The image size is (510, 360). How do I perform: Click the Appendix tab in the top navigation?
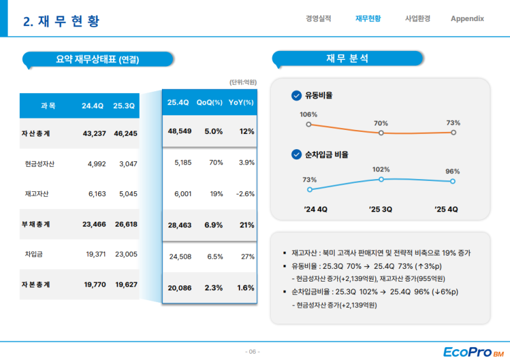[x=467, y=18]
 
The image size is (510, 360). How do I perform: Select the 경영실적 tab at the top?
[x=318, y=18]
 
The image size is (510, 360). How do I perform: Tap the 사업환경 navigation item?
[x=418, y=18]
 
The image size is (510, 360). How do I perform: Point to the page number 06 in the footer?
[x=252, y=352]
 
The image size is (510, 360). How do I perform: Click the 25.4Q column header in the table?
[x=178, y=103]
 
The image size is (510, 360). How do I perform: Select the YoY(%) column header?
[x=241, y=103]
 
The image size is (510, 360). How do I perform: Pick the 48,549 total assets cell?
[x=180, y=131]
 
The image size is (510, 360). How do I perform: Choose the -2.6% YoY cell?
[x=245, y=194]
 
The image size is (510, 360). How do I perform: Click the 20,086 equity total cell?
[x=180, y=288]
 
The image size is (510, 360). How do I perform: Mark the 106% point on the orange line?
[x=309, y=125]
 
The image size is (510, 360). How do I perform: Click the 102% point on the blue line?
[x=381, y=180]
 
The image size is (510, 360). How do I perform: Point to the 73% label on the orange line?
[x=453, y=123]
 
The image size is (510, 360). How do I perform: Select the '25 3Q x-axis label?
[x=381, y=209]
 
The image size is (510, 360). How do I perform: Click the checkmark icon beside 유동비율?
[x=296, y=96]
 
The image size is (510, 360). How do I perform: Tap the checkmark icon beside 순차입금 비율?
[x=296, y=154]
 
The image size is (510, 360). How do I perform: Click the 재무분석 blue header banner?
[x=347, y=59]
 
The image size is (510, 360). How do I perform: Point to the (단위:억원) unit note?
[x=242, y=82]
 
